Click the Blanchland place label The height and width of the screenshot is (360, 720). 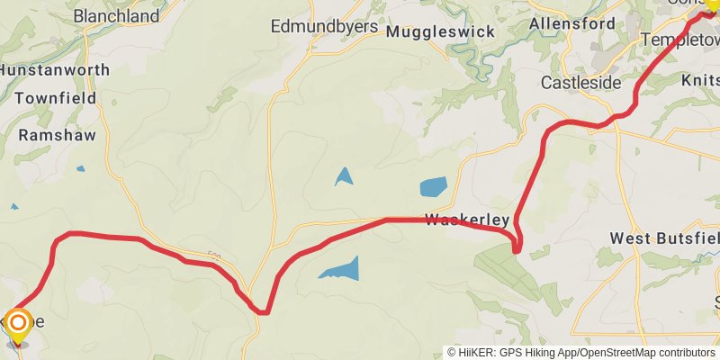[x=116, y=15]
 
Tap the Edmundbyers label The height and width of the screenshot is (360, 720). [x=324, y=26]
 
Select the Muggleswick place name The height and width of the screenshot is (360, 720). [x=440, y=31]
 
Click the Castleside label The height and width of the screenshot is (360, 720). [x=580, y=83]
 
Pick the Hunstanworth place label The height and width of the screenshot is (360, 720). [x=54, y=69]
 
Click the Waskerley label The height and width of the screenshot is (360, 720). [x=467, y=220]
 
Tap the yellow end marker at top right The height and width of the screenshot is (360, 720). [x=711, y=4]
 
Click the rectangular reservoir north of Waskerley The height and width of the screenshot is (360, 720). [x=433, y=187]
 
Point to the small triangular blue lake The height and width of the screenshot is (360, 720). [x=344, y=176]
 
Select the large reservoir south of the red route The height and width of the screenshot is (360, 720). [x=340, y=269]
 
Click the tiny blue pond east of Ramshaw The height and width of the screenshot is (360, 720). [x=81, y=168]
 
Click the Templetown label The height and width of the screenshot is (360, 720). [x=679, y=40]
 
